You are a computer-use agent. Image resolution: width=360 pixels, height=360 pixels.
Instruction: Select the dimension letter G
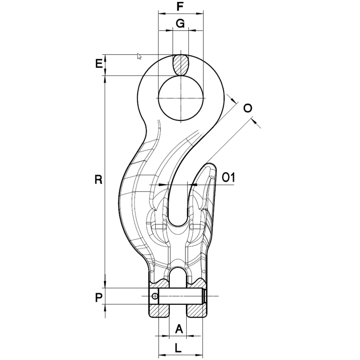tap(180, 24)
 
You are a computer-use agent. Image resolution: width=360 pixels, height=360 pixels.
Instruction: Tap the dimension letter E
tap(99, 64)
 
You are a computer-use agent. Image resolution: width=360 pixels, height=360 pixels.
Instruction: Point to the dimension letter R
tap(98, 180)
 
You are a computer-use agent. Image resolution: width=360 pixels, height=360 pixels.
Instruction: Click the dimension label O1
tap(229, 178)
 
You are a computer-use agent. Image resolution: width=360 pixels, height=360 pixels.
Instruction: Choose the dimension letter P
tap(98, 298)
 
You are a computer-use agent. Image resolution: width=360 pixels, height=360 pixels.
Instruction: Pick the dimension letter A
tap(179, 329)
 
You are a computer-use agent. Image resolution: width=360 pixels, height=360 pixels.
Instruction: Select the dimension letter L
tap(178, 348)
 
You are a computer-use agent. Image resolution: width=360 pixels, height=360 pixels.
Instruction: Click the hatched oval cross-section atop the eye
tap(181, 65)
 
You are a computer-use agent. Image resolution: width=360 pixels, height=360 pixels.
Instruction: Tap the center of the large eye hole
tap(181, 98)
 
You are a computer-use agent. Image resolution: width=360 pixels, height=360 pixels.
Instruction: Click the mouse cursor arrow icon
tap(139, 56)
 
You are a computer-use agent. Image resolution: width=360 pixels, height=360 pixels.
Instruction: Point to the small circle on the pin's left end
tap(155, 296)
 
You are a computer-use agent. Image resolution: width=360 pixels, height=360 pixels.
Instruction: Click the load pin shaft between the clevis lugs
tap(180, 296)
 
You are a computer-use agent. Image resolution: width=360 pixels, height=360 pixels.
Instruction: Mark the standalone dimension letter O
tap(248, 108)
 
